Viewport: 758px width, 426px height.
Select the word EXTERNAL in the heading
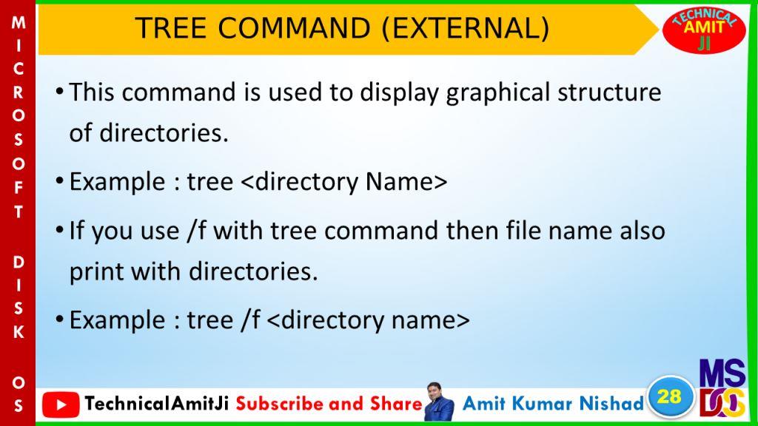tap(465, 28)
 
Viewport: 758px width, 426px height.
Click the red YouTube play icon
tap(61, 405)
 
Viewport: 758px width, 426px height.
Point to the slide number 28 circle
tap(669, 397)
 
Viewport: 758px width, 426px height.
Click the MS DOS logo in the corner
tap(722, 388)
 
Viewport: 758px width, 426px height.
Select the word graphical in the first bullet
tap(498, 93)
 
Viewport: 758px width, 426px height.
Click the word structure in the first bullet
tap(609, 92)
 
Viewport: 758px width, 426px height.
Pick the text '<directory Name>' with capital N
tap(343, 183)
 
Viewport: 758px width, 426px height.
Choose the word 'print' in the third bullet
tap(97, 272)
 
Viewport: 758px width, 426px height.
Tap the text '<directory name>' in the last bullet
tap(368, 320)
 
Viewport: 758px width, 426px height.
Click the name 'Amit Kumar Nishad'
tap(553, 403)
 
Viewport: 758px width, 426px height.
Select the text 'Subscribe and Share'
tap(329, 403)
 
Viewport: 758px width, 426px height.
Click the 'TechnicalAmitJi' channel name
tap(157, 403)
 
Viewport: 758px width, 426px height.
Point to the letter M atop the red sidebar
tap(19, 22)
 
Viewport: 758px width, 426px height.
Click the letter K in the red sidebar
tap(19, 332)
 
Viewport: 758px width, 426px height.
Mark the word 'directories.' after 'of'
tap(164, 133)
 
